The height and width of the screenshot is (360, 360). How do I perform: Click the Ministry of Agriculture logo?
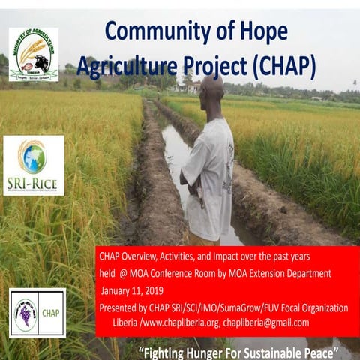34,54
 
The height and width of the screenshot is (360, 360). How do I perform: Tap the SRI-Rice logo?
34,165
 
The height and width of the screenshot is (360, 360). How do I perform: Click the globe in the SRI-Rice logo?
34,157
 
